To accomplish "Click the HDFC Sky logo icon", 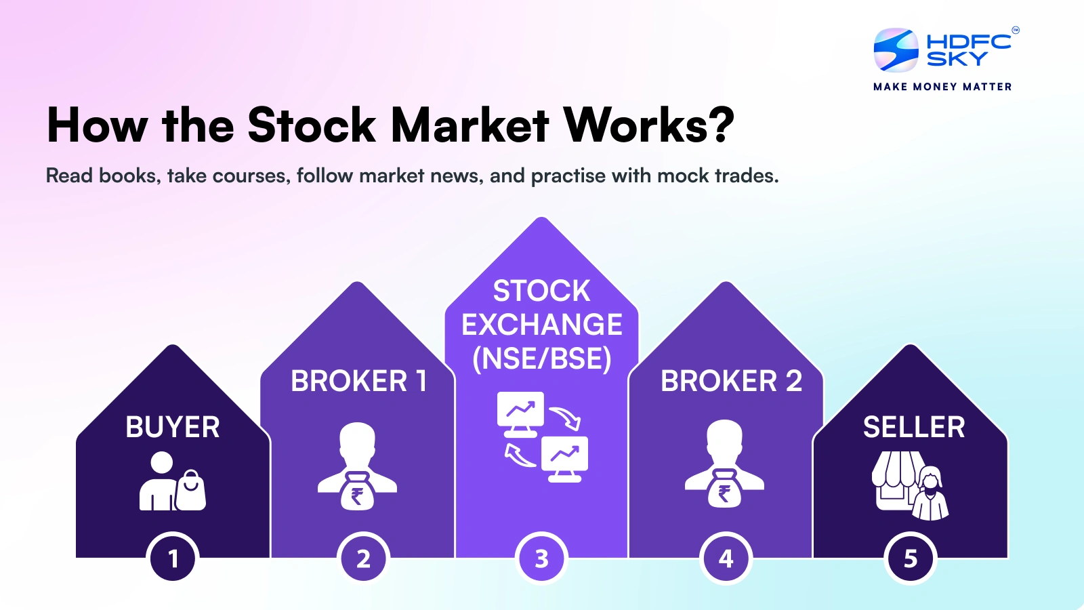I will click(896, 50).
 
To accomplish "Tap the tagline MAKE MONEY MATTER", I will click(942, 87).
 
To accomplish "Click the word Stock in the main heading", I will click(312, 125).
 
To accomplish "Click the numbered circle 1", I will click(173, 558).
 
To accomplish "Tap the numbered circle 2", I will click(363, 558).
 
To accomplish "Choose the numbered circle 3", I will click(541, 558).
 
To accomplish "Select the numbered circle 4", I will click(726, 558).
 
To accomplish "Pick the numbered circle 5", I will click(911, 558).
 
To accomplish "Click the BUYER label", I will click(173, 428).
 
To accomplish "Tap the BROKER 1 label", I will click(358, 381).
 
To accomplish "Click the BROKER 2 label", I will click(731, 381).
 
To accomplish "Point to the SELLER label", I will click(914, 428).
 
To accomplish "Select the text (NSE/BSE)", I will click(541, 359).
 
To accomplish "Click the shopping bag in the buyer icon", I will click(191, 491).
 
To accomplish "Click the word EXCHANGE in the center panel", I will click(541, 325).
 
